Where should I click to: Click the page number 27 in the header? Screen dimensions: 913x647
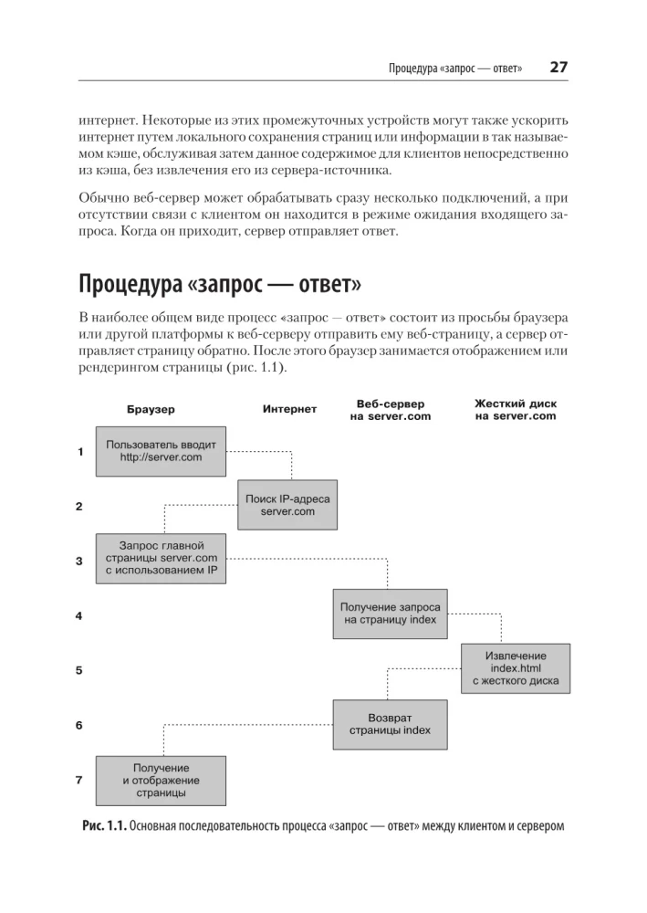(x=558, y=67)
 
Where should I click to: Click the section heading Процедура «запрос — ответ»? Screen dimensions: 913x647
(x=220, y=284)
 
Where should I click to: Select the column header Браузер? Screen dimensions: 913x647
(x=150, y=409)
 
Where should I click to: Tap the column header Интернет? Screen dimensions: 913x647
(x=289, y=409)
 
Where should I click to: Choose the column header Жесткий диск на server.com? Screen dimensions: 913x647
(x=516, y=409)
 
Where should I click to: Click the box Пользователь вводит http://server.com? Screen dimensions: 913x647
(x=161, y=451)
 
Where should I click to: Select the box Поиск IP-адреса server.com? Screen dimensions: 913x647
(x=287, y=505)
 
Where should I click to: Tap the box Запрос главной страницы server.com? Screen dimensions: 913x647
(x=161, y=559)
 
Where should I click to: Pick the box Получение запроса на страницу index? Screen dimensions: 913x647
(x=390, y=614)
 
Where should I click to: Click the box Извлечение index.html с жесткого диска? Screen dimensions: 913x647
(x=516, y=668)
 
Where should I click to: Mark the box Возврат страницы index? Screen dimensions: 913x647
(x=390, y=724)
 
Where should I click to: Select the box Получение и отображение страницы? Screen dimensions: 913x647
(x=161, y=781)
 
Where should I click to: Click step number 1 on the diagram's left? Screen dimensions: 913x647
(x=80, y=452)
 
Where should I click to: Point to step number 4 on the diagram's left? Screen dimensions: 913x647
(x=80, y=615)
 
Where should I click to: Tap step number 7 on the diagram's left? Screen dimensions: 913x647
(x=80, y=781)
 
